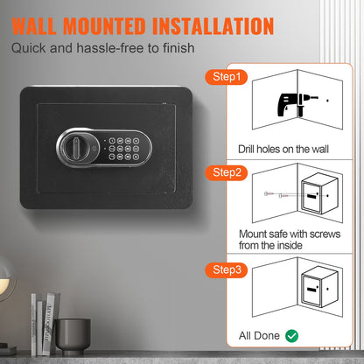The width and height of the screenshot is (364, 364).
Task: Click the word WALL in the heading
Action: click(34, 26)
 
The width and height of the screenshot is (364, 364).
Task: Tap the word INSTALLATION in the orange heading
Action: click(213, 26)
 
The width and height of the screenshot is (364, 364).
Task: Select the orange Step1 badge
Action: click(227, 77)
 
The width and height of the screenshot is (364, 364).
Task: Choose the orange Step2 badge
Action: click(227, 172)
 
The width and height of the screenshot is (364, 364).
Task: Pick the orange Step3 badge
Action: click(227, 269)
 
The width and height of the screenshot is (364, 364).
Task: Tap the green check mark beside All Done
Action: click(291, 336)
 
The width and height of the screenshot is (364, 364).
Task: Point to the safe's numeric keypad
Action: click(123, 149)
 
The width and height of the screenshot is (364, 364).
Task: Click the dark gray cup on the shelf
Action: click(73, 334)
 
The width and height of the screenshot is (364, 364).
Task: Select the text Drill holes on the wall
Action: click(283, 149)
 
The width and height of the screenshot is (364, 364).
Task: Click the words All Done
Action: click(259, 336)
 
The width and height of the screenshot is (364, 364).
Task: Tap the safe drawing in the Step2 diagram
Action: click(319, 193)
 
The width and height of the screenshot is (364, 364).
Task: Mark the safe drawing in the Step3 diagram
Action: click(319, 287)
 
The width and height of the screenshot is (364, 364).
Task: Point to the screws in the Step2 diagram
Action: click(276, 194)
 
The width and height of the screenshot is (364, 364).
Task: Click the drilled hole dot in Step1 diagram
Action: click(327, 101)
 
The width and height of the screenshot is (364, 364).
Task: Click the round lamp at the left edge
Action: click(6, 278)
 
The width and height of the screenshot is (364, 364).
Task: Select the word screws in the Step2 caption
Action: click(325, 234)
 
